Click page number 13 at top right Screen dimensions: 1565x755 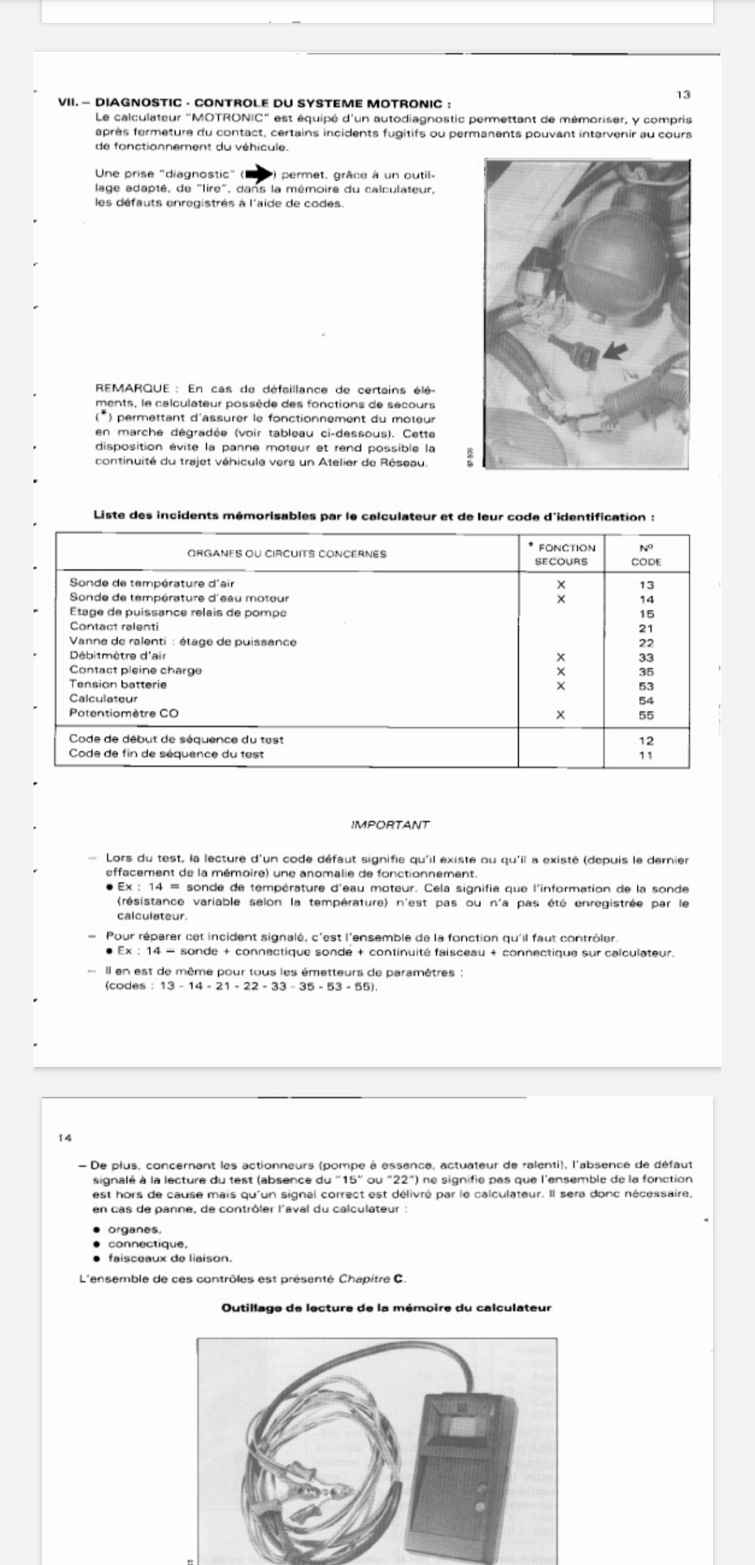click(684, 94)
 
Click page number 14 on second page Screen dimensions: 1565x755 click(65, 1138)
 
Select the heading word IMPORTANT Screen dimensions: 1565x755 click(390, 824)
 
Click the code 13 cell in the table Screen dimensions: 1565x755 click(646, 585)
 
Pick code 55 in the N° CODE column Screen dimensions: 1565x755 click(646, 715)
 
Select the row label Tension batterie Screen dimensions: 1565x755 click(118, 685)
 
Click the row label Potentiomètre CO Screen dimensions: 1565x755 click(124, 713)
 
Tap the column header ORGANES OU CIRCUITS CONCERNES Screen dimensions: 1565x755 click(287, 554)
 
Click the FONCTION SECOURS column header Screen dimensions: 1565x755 click(562, 555)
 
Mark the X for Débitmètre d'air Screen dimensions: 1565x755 click(560, 657)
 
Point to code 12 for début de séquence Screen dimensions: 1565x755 click(646, 741)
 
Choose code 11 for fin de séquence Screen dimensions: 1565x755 click(646, 755)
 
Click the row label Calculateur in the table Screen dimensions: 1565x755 click(103, 699)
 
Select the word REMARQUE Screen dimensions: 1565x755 click(132, 389)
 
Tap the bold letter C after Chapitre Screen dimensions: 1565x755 click(398, 1279)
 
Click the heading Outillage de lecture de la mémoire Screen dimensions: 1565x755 click(386, 1308)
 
